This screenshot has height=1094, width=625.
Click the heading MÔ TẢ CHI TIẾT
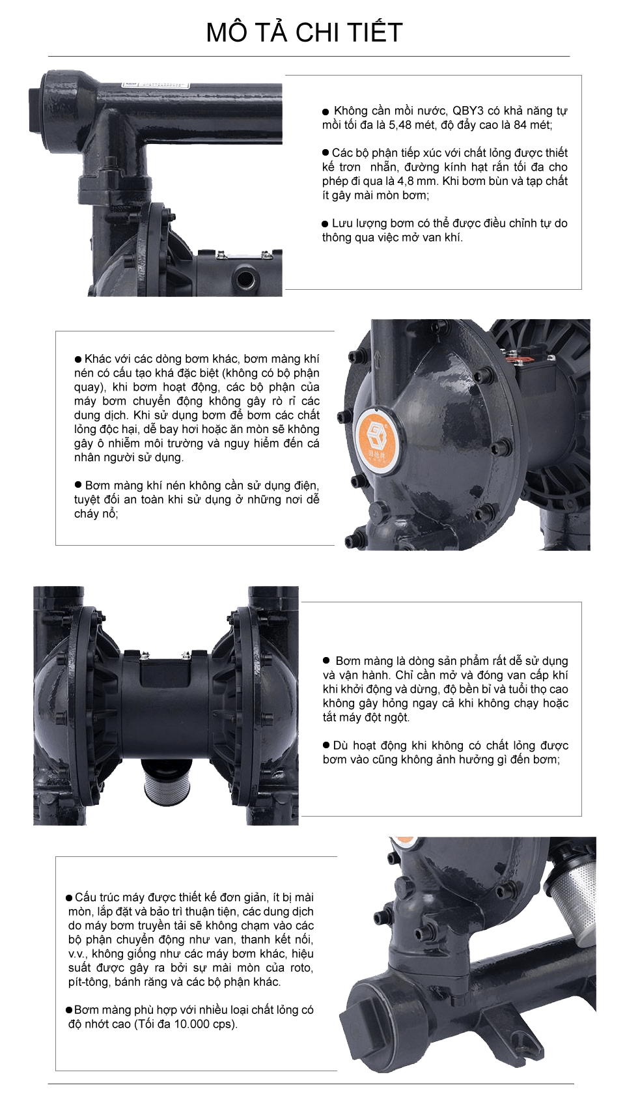pyautogui.click(x=304, y=33)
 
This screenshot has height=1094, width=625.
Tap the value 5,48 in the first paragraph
pyautogui.click(x=400, y=124)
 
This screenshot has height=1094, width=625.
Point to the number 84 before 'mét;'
pyautogui.click(x=520, y=124)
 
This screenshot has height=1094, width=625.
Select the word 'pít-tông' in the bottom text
pyautogui.click(x=89, y=982)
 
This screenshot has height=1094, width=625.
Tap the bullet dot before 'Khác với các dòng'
pyautogui.click(x=77, y=359)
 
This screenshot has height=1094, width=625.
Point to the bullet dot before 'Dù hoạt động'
pyautogui.click(x=326, y=745)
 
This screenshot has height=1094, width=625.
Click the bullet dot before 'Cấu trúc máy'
pyautogui.click(x=69, y=897)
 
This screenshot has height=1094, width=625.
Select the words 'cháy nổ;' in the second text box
pyautogui.click(x=96, y=513)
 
